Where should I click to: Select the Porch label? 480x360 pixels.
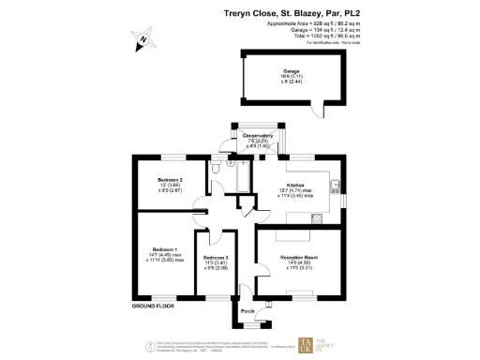point(247,310)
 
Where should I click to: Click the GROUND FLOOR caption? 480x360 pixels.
point(154,307)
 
